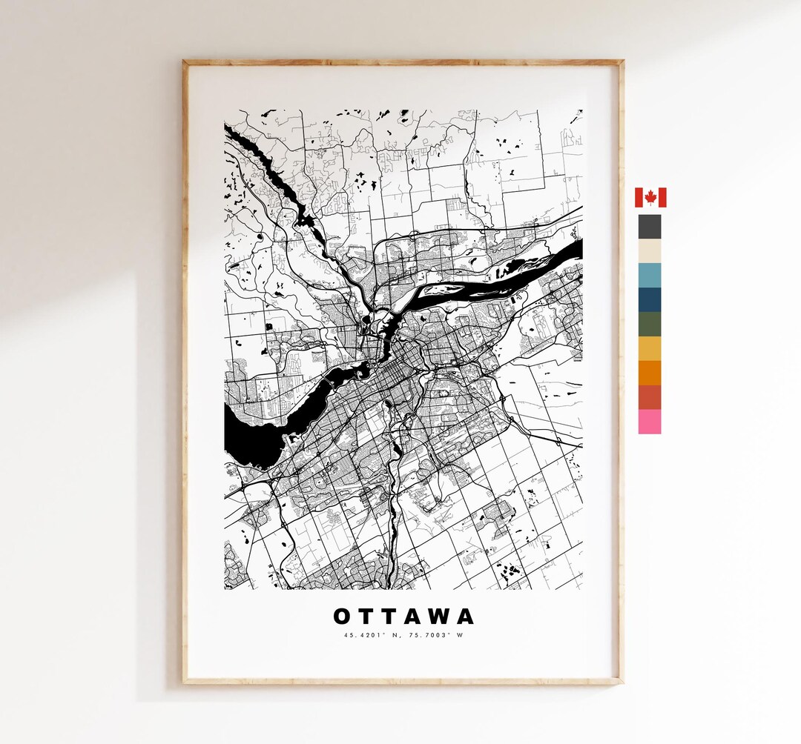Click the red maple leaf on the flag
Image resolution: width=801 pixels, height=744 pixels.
(650, 197)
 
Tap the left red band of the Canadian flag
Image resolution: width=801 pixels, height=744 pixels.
(639, 197)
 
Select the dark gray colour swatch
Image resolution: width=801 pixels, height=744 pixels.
(650, 226)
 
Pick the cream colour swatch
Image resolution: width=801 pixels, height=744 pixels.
(650, 250)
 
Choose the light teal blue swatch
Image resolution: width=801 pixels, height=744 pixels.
(650, 275)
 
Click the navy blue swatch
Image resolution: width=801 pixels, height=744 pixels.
(650, 299)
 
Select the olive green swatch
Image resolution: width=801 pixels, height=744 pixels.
(650, 324)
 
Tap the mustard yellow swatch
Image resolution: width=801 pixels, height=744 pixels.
(650, 348)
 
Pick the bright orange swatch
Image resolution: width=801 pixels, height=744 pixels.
(650, 373)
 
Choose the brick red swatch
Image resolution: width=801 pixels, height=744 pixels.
(650, 397)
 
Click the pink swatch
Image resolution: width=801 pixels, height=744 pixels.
(650, 422)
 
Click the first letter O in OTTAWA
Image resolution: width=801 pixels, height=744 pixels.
(342, 617)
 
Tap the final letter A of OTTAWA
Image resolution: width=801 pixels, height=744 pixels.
(465, 617)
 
